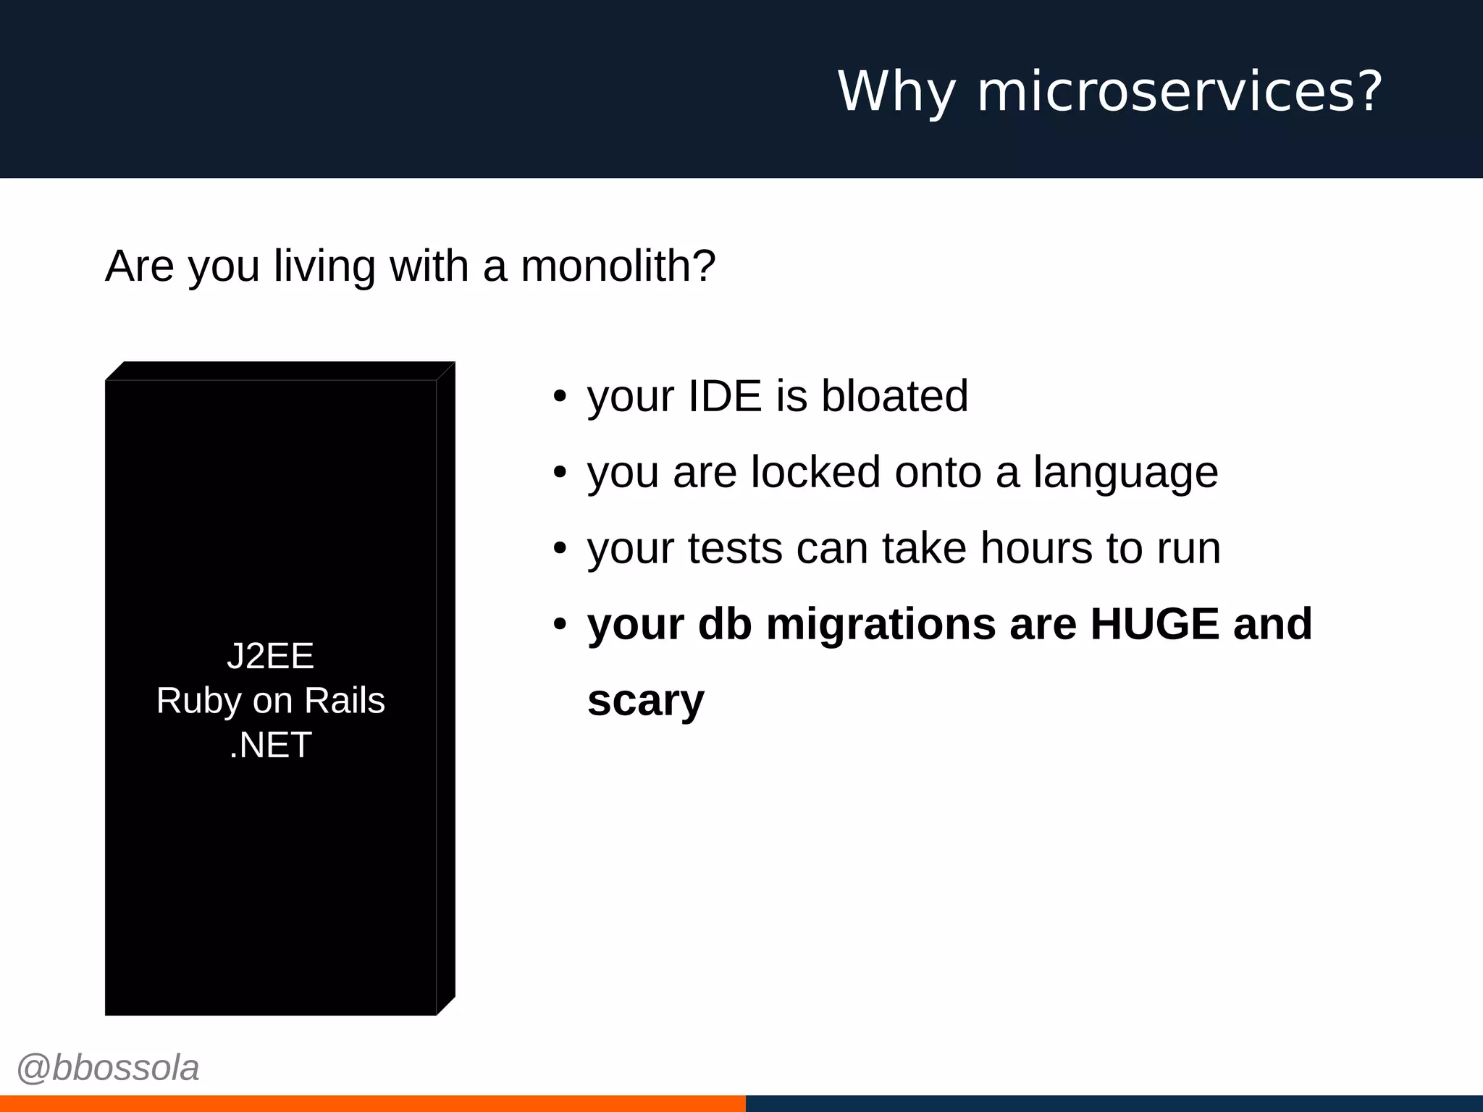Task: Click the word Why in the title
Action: click(x=896, y=92)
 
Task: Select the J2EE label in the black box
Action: click(x=270, y=656)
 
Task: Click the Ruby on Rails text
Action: click(x=270, y=701)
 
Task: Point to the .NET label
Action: click(x=270, y=745)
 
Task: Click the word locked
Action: click(x=815, y=472)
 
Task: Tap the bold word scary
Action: click(x=645, y=702)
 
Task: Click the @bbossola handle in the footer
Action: click(x=108, y=1069)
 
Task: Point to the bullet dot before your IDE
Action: click(x=559, y=397)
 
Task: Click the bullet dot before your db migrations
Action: click(x=559, y=624)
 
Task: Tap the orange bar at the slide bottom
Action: click(x=372, y=1103)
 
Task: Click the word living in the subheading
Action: click(x=324, y=267)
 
